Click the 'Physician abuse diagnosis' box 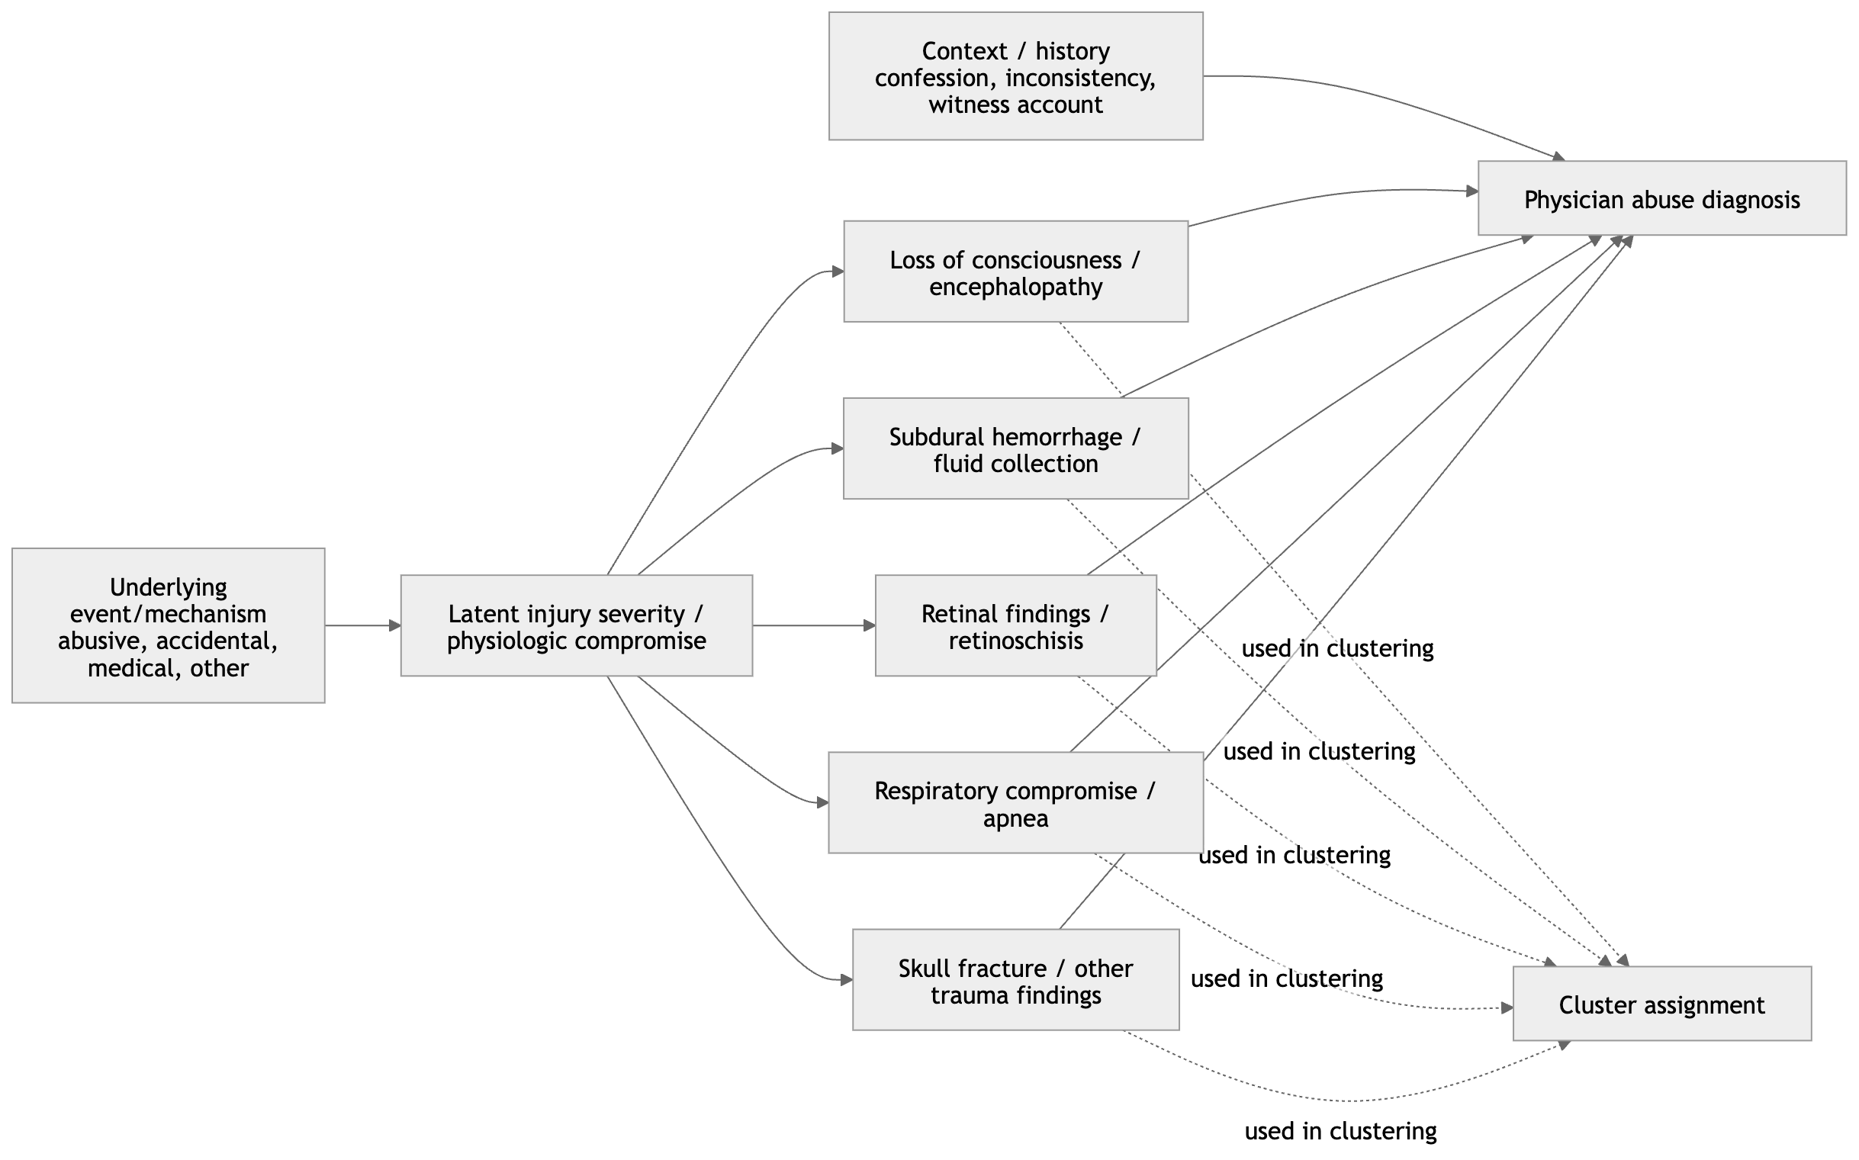[1661, 199]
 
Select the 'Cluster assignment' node [1661, 1004]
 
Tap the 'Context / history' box [1015, 76]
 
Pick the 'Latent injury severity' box [575, 626]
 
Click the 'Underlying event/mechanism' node [168, 626]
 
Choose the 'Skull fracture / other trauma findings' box [1015, 981]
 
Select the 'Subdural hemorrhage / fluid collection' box [1015, 449]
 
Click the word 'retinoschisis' [1015, 641]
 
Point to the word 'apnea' [1015, 818]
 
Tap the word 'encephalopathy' [1015, 287]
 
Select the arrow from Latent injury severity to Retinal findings [813, 626]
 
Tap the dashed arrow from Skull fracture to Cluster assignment [1343, 1100]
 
